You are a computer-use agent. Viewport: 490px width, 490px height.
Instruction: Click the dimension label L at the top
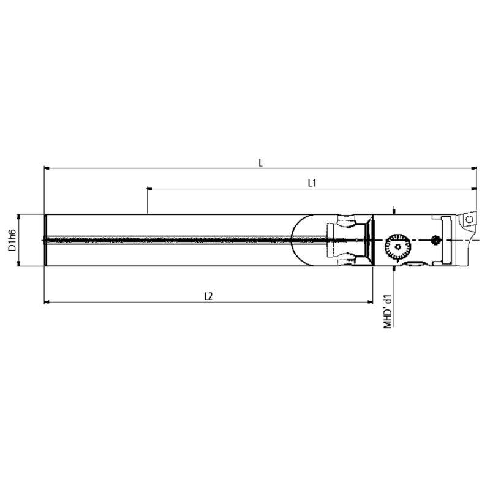(x=260, y=162)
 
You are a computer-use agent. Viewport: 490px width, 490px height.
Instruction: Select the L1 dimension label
(x=311, y=183)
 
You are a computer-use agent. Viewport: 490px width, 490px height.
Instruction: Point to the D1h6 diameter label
(x=12, y=239)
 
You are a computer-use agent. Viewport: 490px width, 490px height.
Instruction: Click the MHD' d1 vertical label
(x=387, y=313)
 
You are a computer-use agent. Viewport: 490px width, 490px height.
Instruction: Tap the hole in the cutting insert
(x=469, y=218)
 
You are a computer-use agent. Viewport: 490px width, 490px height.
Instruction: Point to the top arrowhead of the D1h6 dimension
(x=20, y=217)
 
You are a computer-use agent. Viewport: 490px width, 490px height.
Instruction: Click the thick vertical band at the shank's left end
(x=45, y=239)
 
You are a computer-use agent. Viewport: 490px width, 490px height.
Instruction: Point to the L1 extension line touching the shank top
(x=148, y=202)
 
